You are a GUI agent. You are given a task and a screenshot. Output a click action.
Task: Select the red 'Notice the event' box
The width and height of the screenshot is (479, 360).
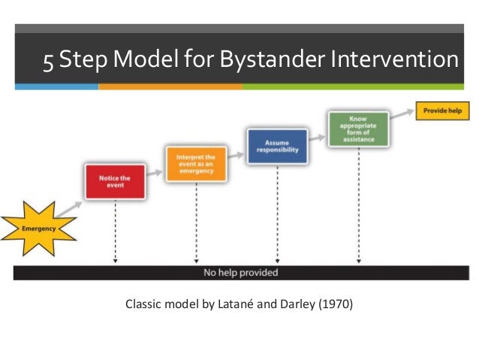tap(115, 181)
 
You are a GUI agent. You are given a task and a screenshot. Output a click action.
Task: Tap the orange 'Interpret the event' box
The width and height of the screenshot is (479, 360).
tap(195, 162)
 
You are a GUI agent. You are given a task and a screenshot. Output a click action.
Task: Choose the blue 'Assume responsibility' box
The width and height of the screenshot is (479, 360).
tap(276, 146)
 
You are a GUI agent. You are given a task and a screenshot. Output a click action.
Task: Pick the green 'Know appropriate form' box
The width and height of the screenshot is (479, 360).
tap(357, 129)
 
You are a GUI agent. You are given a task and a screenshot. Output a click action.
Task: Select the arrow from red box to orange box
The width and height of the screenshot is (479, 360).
tap(155, 173)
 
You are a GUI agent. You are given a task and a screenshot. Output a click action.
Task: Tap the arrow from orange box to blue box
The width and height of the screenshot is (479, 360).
tap(236, 155)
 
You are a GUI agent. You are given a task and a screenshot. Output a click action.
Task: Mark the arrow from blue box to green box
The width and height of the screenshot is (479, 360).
tap(318, 138)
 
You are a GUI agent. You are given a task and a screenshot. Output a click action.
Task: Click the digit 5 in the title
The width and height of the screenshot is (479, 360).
tap(48, 61)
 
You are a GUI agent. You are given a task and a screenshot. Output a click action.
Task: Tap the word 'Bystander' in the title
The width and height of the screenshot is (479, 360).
tap(276, 61)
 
